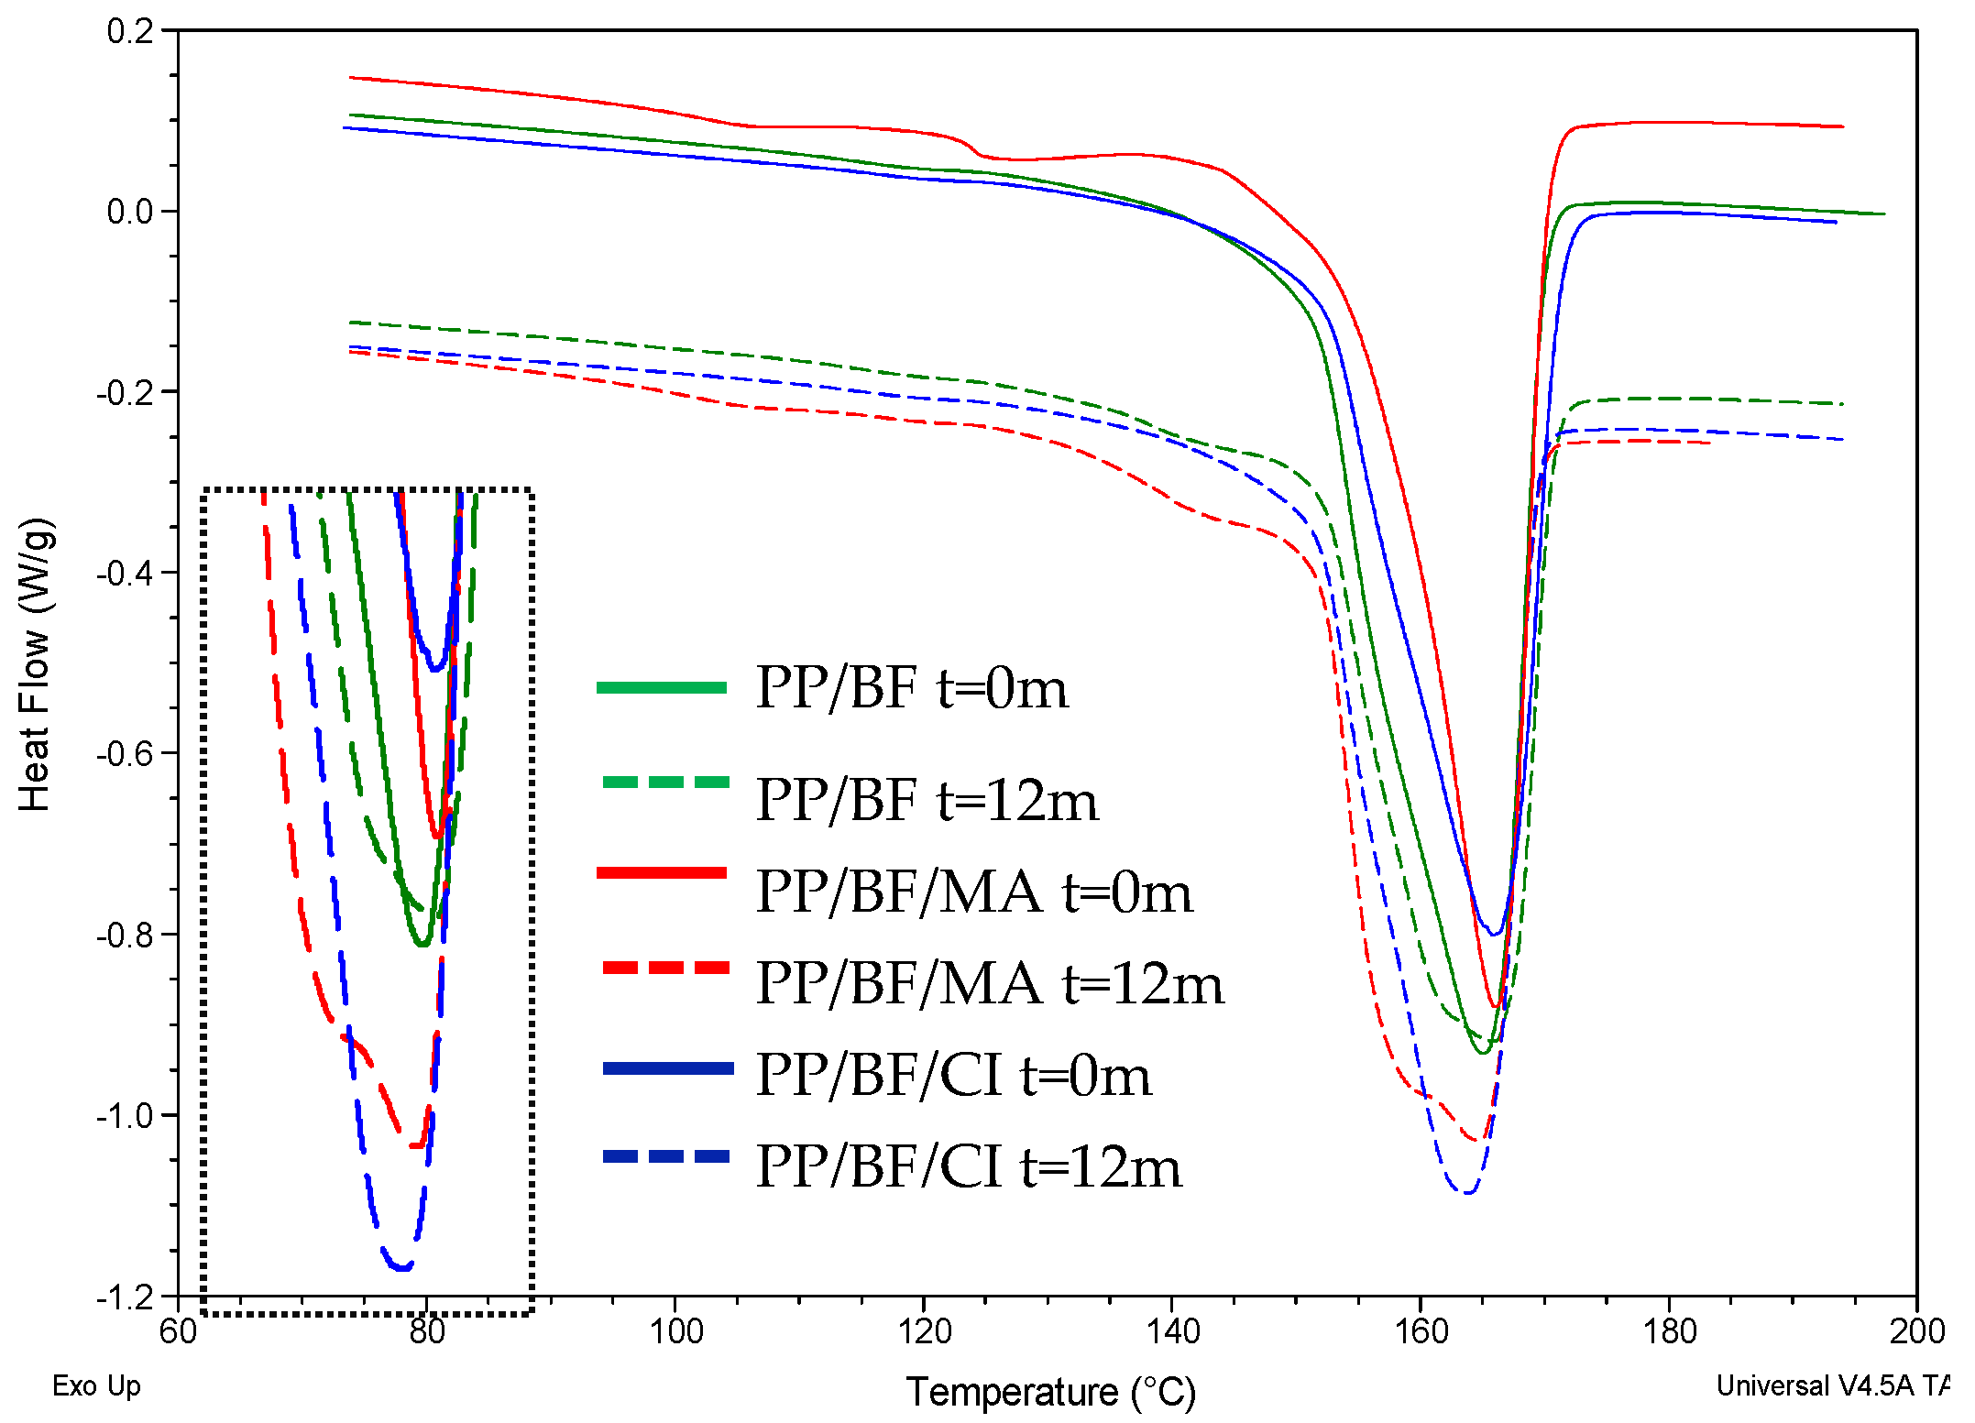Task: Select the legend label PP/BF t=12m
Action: click(927, 800)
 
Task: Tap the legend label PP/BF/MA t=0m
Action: click(974, 892)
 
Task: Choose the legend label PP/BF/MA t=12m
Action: click(990, 984)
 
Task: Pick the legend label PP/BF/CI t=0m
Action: click(953, 1075)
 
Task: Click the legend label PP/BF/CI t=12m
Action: click(969, 1167)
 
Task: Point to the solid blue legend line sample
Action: click(667, 1068)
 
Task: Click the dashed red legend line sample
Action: click(666, 968)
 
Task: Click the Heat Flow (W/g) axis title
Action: click(35, 664)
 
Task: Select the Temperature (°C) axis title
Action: click(1051, 1392)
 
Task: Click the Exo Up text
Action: click(96, 1385)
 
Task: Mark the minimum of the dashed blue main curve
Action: click(1466, 1192)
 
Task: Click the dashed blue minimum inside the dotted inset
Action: click(401, 1267)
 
